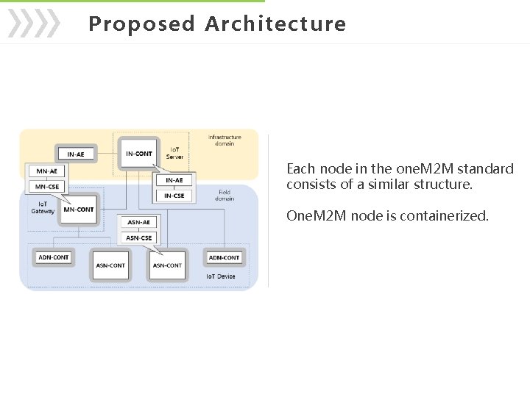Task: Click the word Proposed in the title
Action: tap(141, 24)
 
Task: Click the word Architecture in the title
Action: tap(275, 24)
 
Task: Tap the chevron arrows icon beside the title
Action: tap(34, 24)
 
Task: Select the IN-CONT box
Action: tap(139, 154)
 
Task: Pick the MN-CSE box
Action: tap(47, 187)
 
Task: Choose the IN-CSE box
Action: tap(174, 196)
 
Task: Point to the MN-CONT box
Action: tap(79, 210)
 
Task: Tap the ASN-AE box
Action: tap(138, 222)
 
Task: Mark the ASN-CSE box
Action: tap(139, 237)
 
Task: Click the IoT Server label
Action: tap(175, 153)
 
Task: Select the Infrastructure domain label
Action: tap(225, 140)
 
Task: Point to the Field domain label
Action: tap(225, 196)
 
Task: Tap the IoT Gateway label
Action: tap(43, 207)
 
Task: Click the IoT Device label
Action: tap(221, 276)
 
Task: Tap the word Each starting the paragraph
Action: tap(300, 169)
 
